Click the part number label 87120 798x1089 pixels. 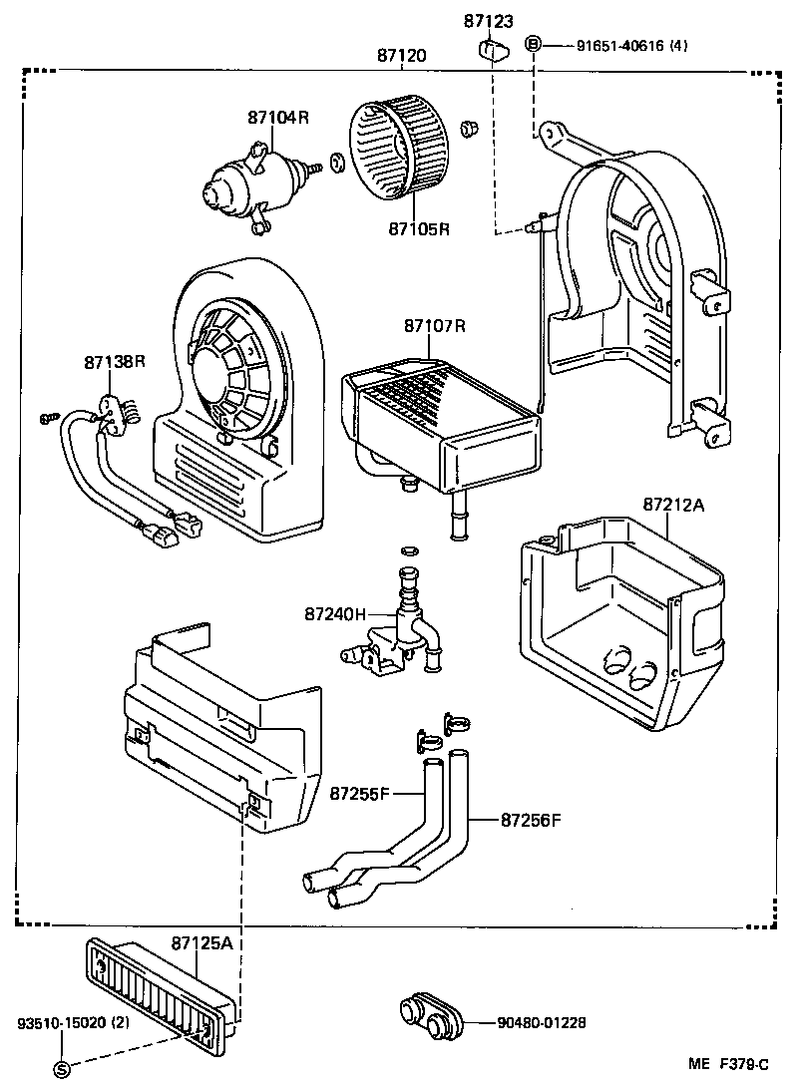tap(401, 57)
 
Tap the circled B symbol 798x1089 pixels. tap(533, 44)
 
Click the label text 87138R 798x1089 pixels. tap(115, 362)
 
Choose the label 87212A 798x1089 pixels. tap(673, 505)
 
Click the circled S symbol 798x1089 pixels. tap(61, 1068)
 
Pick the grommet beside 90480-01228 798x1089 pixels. tap(431, 1018)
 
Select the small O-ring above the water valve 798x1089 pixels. tap(407, 549)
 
